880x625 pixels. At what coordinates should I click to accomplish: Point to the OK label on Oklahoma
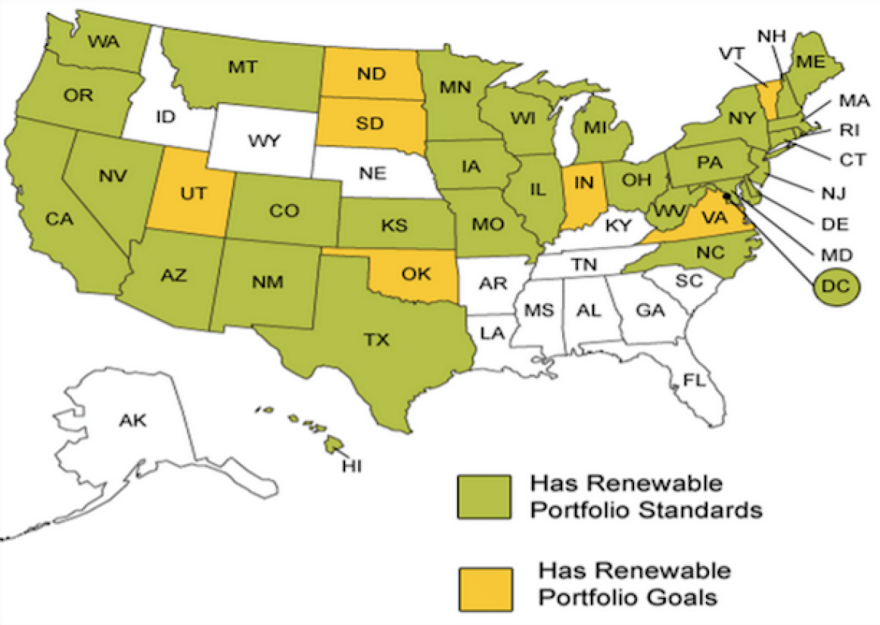[x=416, y=274]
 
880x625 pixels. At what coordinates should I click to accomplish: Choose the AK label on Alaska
[x=134, y=420]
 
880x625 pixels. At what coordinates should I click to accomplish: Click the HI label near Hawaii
[x=352, y=466]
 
